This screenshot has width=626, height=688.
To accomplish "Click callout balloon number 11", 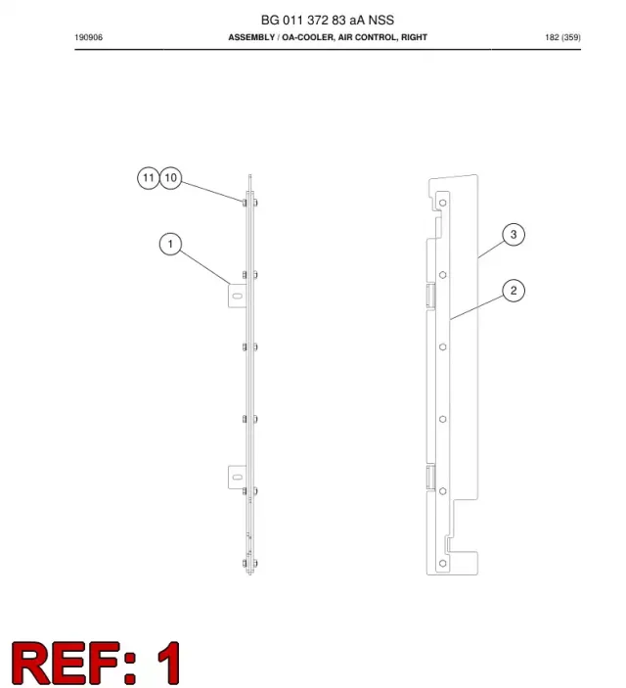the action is pyautogui.click(x=149, y=178).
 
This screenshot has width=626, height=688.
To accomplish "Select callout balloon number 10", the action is pyautogui.click(x=170, y=178).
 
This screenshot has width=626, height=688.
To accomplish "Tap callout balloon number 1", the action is pyautogui.click(x=170, y=244).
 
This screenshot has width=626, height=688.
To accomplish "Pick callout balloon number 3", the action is pyautogui.click(x=514, y=235).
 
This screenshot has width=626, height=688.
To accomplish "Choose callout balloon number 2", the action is pyautogui.click(x=514, y=291).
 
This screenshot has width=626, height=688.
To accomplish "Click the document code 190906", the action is pyautogui.click(x=89, y=38).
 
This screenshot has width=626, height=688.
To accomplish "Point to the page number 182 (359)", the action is pyautogui.click(x=562, y=38).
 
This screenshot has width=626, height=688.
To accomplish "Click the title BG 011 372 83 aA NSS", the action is pyautogui.click(x=328, y=21).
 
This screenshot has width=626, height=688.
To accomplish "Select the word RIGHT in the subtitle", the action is pyautogui.click(x=414, y=37).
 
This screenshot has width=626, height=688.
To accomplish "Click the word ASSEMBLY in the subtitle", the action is pyautogui.click(x=251, y=37).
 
